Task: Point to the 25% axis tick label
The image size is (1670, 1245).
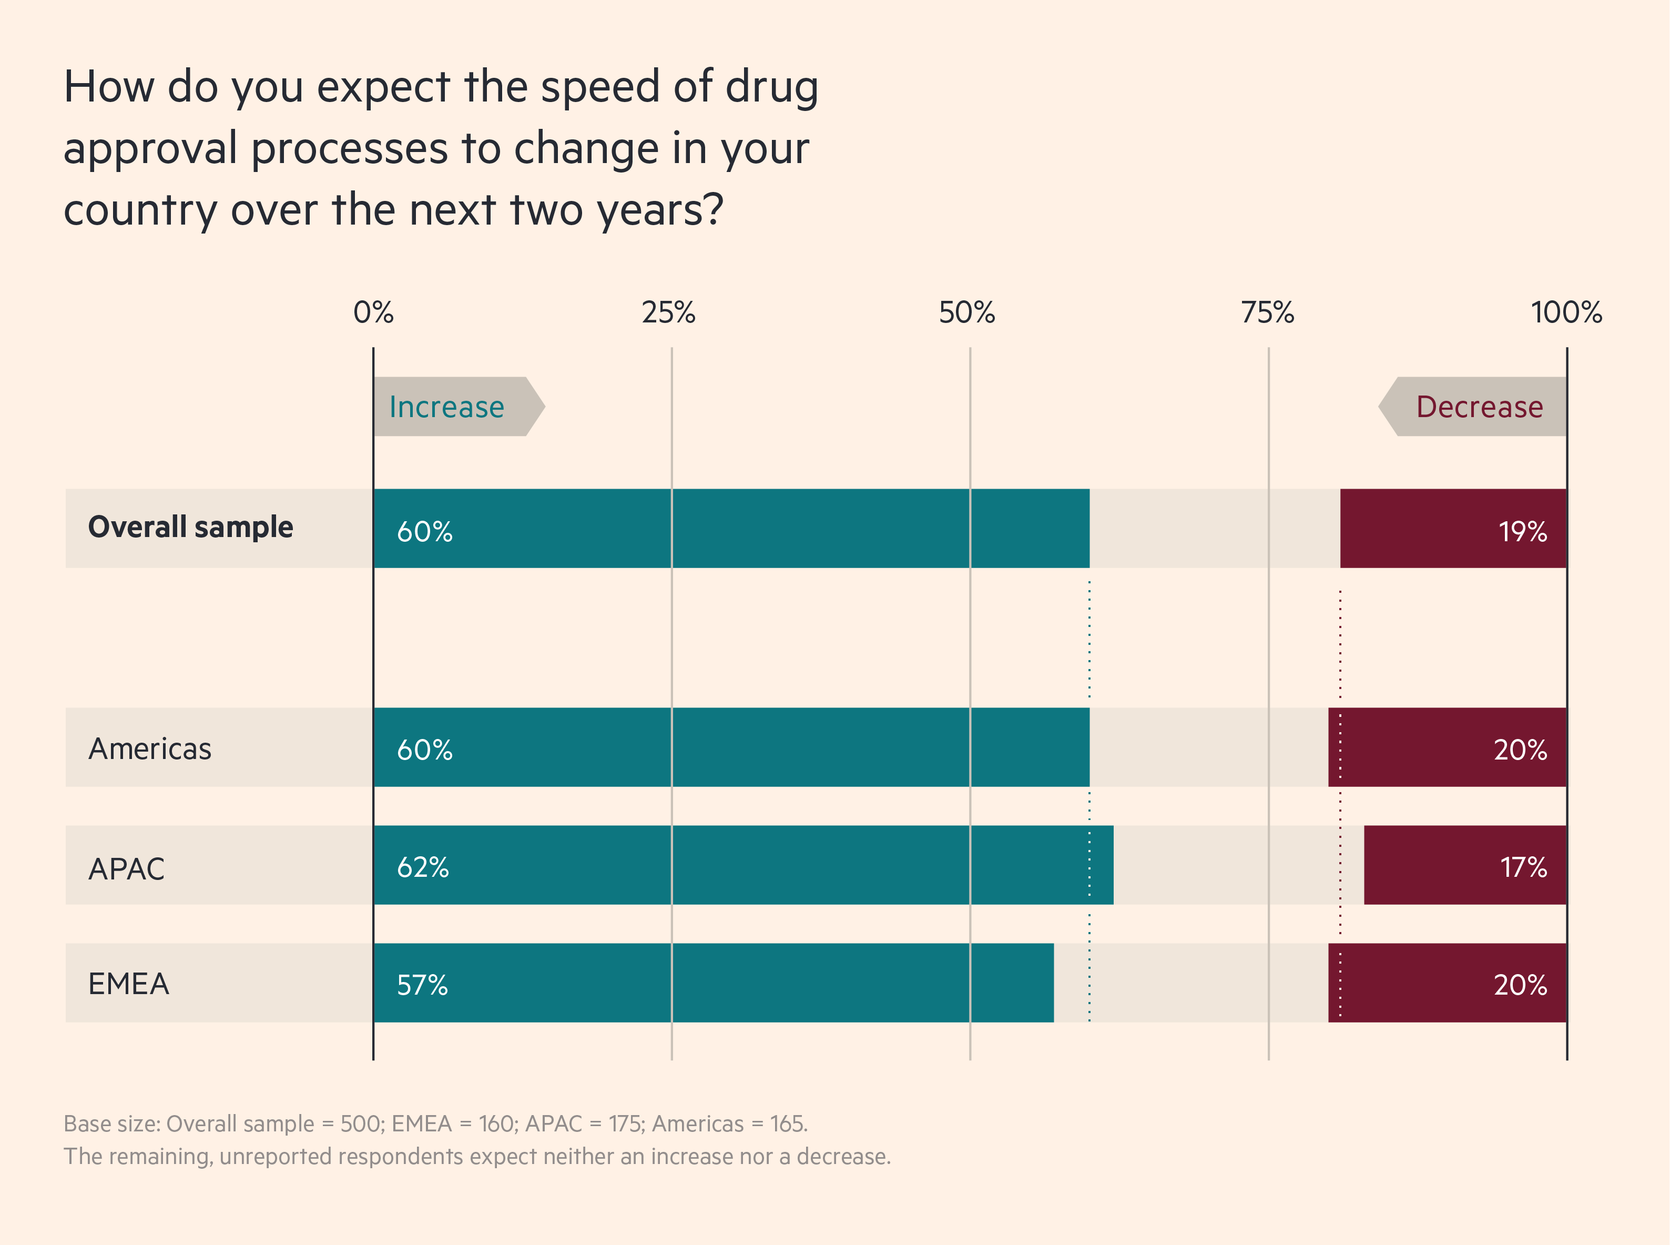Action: [x=668, y=312]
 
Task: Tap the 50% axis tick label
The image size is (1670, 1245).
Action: [x=966, y=312]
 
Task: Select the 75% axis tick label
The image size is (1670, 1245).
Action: [x=1267, y=312]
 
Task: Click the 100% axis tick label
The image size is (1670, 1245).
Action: [x=1566, y=312]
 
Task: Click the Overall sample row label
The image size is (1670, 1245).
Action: [x=190, y=527]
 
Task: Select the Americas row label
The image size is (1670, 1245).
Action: [x=150, y=748]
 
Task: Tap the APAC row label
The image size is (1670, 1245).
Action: [x=126, y=868]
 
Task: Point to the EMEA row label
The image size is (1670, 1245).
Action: [x=128, y=984]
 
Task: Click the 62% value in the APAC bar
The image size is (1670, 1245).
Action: [x=423, y=867]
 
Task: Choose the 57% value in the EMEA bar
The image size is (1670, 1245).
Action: [x=422, y=985]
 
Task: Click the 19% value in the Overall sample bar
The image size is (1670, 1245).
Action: [x=1522, y=531]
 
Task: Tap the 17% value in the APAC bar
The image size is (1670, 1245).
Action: [x=1523, y=867]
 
